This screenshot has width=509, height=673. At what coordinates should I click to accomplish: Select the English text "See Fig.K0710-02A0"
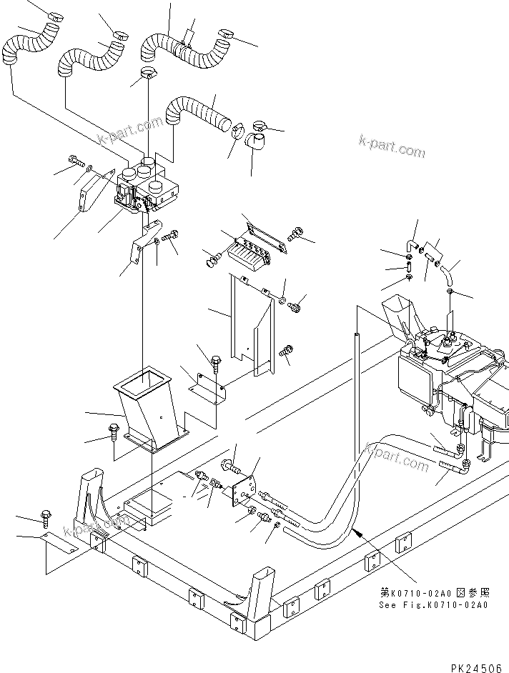[x=433, y=604]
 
